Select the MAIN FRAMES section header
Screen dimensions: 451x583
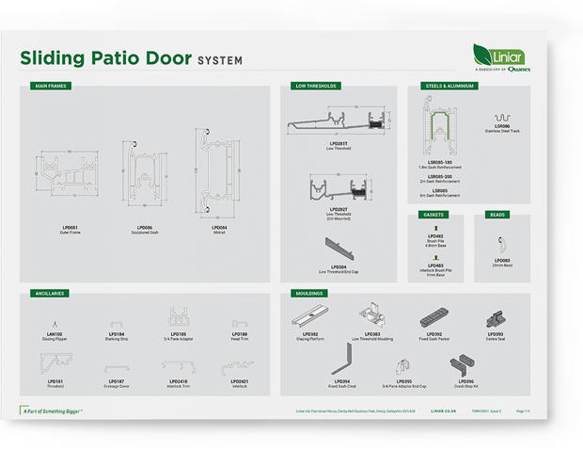pyautogui.click(x=48, y=86)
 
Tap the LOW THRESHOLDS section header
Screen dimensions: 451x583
pyautogui.click(x=316, y=86)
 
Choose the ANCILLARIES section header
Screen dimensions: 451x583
pyautogui.click(x=49, y=293)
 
